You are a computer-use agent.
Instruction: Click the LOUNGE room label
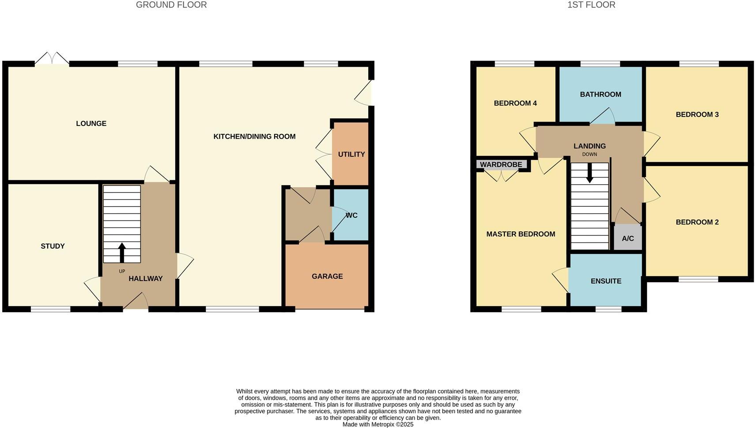pyautogui.click(x=91, y=124)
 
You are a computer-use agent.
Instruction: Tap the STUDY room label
pyautogui.click(x=53, y=246)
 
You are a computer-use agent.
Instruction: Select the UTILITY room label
pyautogui.click(x=352, y=155)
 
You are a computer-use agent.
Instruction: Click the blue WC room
pyautogui.click(x=351, y=216)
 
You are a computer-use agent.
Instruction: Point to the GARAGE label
pyautogui.click(x=327, y=276)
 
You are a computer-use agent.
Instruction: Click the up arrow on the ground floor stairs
pyautogui.click(x=122, y=253)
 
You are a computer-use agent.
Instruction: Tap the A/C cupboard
pyautogui.click(x=627, y=239)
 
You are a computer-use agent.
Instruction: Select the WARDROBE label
pyautogui.click(x=501, y=165)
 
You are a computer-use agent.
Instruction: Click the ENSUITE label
pyautogui.click(x=606, y=281)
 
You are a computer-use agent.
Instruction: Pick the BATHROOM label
pyautogui.click(x=600, y=95)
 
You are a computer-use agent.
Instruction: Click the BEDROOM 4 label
pyautogui.click(x=515, y=103)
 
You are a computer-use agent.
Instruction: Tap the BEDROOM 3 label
pyautogui.click(x=697, y=115)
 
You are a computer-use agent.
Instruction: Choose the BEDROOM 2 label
pyautogui.click(x=697, y=222)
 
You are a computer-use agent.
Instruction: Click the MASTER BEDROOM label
pyautogui.click(x=521, y=234)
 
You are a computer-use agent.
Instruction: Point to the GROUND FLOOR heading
pyautogui.click(x=171, y=5)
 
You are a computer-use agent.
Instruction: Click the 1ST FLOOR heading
pyautogui.click(x=591, y=5)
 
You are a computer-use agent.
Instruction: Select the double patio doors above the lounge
pyautogui.click(x=52, y=59)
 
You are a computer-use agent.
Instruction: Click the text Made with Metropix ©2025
pyautogui.click(x=378, y=424)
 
